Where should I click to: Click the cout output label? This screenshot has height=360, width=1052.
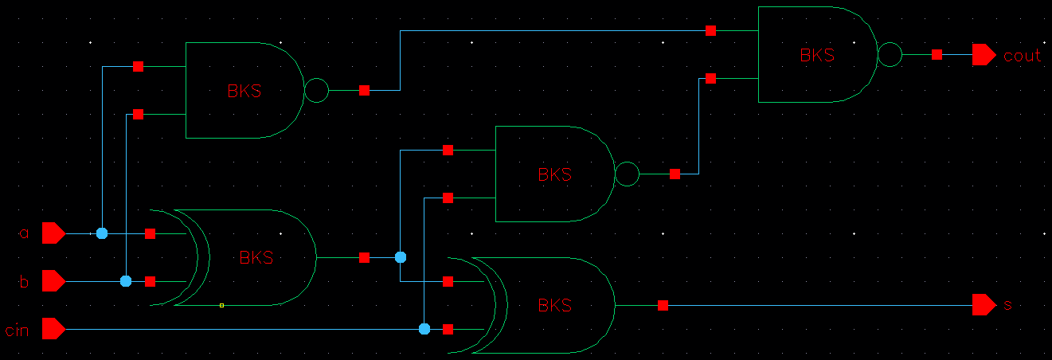1022,56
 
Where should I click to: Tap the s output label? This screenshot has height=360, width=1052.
1007,305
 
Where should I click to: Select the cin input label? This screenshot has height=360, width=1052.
17,330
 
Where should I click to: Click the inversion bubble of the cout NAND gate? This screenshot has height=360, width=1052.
890,55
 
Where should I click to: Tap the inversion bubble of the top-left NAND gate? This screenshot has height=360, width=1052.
316,91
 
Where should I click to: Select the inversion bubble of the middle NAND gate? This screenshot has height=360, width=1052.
627,174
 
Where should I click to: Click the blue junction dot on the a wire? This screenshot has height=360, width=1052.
102,233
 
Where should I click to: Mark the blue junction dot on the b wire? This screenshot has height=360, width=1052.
126,281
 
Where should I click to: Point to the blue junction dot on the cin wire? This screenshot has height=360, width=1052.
424,329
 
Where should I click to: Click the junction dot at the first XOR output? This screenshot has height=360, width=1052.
401,257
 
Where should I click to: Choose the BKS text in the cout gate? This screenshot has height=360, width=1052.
817,56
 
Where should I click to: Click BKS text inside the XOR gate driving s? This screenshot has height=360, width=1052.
555,306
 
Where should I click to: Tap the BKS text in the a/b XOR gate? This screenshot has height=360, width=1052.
256,258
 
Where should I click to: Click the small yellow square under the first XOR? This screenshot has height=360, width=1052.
222,305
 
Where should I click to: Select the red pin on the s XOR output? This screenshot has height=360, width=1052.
663,305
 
